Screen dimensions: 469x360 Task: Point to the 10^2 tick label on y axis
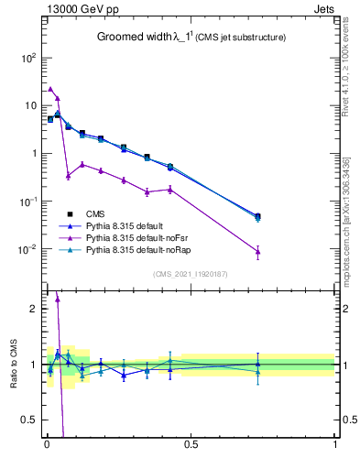point(27,57)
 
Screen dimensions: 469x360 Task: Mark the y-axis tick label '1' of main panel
point(33,153)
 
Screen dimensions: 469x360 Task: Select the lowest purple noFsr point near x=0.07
point(68,175)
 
